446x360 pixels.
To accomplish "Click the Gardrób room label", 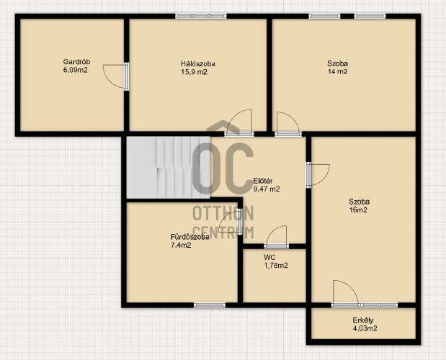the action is [76, 62].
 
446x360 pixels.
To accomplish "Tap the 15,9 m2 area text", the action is [194, 72].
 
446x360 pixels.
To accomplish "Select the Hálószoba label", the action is [198, 63].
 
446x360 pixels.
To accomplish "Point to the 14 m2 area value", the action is [337, 71].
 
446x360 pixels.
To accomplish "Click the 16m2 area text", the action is [358, 210].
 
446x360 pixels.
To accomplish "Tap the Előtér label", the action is [263, 181].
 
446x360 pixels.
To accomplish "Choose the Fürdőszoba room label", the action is [190, 237].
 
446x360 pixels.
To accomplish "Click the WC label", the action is [269, 258].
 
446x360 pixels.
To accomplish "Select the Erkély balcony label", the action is [363, 320].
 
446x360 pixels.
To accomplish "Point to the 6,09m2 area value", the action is [75, 70].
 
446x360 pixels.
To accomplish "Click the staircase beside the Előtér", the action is [168, 167].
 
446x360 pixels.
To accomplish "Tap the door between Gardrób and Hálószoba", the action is [116, 76].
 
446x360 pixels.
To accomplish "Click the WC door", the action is [277, 237].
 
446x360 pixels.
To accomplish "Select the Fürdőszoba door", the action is [231, 222].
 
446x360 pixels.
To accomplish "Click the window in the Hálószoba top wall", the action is [201, 16].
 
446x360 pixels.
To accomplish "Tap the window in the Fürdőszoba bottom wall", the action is [210, 305].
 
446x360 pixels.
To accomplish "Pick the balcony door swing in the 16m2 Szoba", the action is [346, 293].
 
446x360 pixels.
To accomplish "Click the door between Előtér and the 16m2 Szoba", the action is [318, 175].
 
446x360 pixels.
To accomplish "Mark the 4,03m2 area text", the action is [365, 328].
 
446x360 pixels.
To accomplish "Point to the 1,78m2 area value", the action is [276, 266].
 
